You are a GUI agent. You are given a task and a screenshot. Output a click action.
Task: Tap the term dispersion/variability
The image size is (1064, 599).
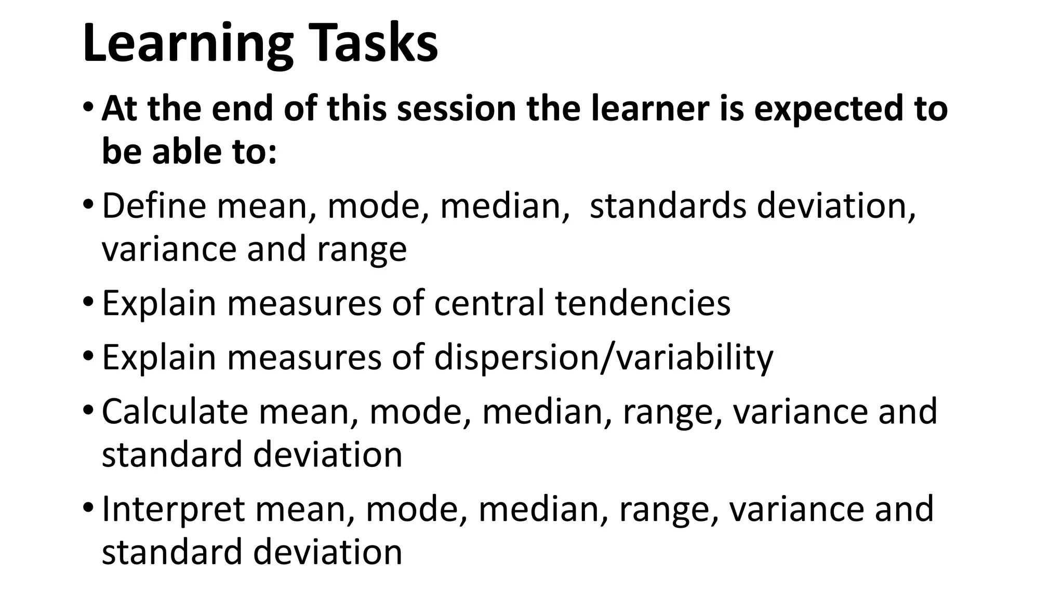point(603,358)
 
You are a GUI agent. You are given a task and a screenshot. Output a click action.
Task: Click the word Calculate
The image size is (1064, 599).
point(175,411)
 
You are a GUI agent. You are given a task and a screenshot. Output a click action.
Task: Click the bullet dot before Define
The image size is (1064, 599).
point(88,205)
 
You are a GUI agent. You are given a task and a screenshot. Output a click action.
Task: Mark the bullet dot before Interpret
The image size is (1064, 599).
point(88,509)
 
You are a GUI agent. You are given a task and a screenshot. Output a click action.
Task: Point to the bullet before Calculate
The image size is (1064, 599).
point(88,411)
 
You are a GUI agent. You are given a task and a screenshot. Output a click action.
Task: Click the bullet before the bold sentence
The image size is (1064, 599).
point(88,109)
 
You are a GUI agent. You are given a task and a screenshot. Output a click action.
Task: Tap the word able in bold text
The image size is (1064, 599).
point(181,151)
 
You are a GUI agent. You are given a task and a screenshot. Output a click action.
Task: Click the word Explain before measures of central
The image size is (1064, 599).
point(159,303)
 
